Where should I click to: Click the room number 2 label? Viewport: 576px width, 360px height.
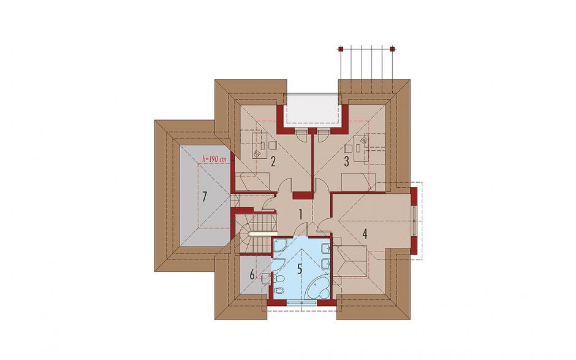click(272, 162)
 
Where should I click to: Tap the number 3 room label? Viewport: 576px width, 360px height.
click(346, 161)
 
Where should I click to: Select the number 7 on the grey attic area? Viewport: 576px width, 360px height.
click(204, 197)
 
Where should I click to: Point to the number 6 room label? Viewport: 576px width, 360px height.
click(252, 274)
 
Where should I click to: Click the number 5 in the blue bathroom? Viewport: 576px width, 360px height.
click(300, 269)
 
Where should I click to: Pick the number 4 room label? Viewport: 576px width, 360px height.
click(365, 234)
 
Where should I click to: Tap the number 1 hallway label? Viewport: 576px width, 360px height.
click(300, 215)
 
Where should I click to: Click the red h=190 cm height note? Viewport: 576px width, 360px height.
click(214, 159)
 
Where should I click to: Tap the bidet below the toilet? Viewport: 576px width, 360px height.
click(278, 290)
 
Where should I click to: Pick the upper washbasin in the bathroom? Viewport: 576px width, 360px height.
click(325, 250)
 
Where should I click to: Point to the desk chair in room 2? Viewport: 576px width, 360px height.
click(257, 153)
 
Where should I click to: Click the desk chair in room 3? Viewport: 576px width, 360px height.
click(365, 140)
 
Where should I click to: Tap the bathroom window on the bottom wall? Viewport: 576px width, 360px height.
click(301, 302)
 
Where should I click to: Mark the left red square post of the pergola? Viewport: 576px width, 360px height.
click(341, 49)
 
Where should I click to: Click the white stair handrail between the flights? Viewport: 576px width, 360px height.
click(263, 233)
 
